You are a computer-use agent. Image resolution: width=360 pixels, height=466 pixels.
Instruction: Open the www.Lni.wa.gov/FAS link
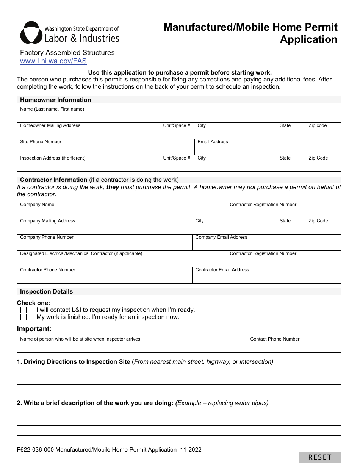[x=53, y=61]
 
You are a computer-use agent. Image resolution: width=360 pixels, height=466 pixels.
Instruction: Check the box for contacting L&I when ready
[x=23, y=310]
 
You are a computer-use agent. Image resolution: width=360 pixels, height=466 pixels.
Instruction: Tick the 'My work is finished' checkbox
[x=23, y=317]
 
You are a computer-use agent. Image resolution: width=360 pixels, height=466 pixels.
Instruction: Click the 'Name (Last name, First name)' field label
[x=52, y=109]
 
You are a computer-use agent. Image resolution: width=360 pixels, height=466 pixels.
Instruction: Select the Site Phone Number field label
[x=41, y=142]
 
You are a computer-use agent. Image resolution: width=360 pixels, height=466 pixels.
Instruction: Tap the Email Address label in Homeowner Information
[x=213, y=142]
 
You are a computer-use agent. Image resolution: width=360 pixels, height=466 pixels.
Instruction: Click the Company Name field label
[x=37, y=205]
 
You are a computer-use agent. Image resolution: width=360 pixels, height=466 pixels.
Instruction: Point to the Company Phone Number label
[x=47, y=237]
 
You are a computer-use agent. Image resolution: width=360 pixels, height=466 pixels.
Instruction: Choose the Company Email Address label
[x=221, y=237]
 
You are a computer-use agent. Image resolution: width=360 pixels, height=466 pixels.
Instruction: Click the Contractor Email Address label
[x=222, y=270]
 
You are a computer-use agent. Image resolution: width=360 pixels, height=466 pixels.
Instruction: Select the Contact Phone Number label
[x=275, y=339]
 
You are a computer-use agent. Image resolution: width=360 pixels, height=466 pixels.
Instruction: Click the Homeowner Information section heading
[x=55, y=100]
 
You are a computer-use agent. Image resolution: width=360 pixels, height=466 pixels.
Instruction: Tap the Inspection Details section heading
[x=46, y=292]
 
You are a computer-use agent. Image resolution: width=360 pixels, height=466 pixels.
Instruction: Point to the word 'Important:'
[x=34, y=329]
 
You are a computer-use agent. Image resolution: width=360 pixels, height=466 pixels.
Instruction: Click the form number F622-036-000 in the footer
[x=35, y=450]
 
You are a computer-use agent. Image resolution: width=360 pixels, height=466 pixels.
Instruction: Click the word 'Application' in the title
[x=308, y=39]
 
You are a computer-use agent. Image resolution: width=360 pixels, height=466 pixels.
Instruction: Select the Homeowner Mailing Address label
[x=50, y=125]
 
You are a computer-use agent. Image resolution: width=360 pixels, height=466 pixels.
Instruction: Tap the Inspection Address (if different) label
[x=53, y=158]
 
